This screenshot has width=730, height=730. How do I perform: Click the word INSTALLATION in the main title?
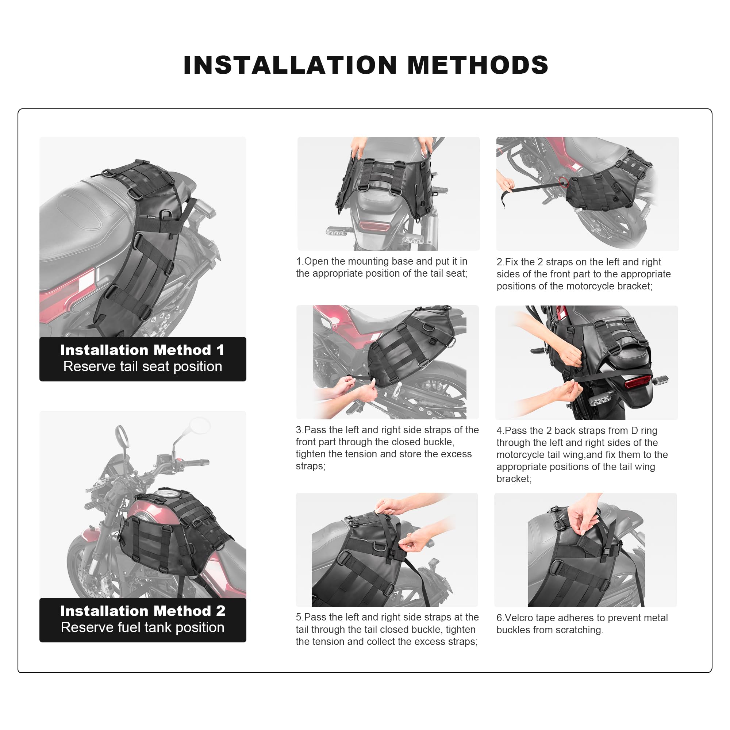point(290,65)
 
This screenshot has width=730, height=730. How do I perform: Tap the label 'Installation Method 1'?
point(142,350)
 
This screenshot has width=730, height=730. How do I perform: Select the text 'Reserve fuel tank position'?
point(142,627)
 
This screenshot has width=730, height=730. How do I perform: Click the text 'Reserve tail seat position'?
point(142,366)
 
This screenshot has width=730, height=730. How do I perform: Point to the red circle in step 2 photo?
point(564,182)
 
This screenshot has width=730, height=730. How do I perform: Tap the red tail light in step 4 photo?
point(638,382)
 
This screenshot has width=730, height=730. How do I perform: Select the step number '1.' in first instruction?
point(300,261)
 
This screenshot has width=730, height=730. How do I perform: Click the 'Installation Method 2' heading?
point(142,611)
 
